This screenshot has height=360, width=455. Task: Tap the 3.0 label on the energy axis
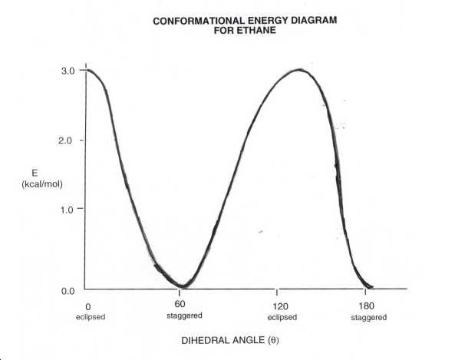(68, 71)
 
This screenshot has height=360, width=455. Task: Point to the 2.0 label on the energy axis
(65, 140)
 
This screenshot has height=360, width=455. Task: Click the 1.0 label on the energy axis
(67, 210)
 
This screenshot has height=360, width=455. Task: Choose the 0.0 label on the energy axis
(68, 291)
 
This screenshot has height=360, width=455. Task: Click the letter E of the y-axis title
(35, 173)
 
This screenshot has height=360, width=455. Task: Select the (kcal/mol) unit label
(42, 184)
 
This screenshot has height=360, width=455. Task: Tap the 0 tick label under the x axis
(88, 306)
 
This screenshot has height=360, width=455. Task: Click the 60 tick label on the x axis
(180, 304)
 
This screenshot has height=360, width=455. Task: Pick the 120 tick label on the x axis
(281, 306)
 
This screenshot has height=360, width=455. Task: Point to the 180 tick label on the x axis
(366, 306)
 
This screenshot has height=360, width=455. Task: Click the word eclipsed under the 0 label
(91, 317)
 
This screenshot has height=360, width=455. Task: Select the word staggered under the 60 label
(184, 315)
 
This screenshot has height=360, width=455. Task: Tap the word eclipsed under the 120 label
(282, 317)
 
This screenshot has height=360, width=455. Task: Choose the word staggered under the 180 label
(369, 317)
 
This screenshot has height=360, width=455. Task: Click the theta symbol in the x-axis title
(273, 340)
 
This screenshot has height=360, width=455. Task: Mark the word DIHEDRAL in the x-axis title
(201, 340)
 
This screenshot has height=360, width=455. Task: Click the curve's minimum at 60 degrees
(181, 286)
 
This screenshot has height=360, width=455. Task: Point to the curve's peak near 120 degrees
(299, 70)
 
